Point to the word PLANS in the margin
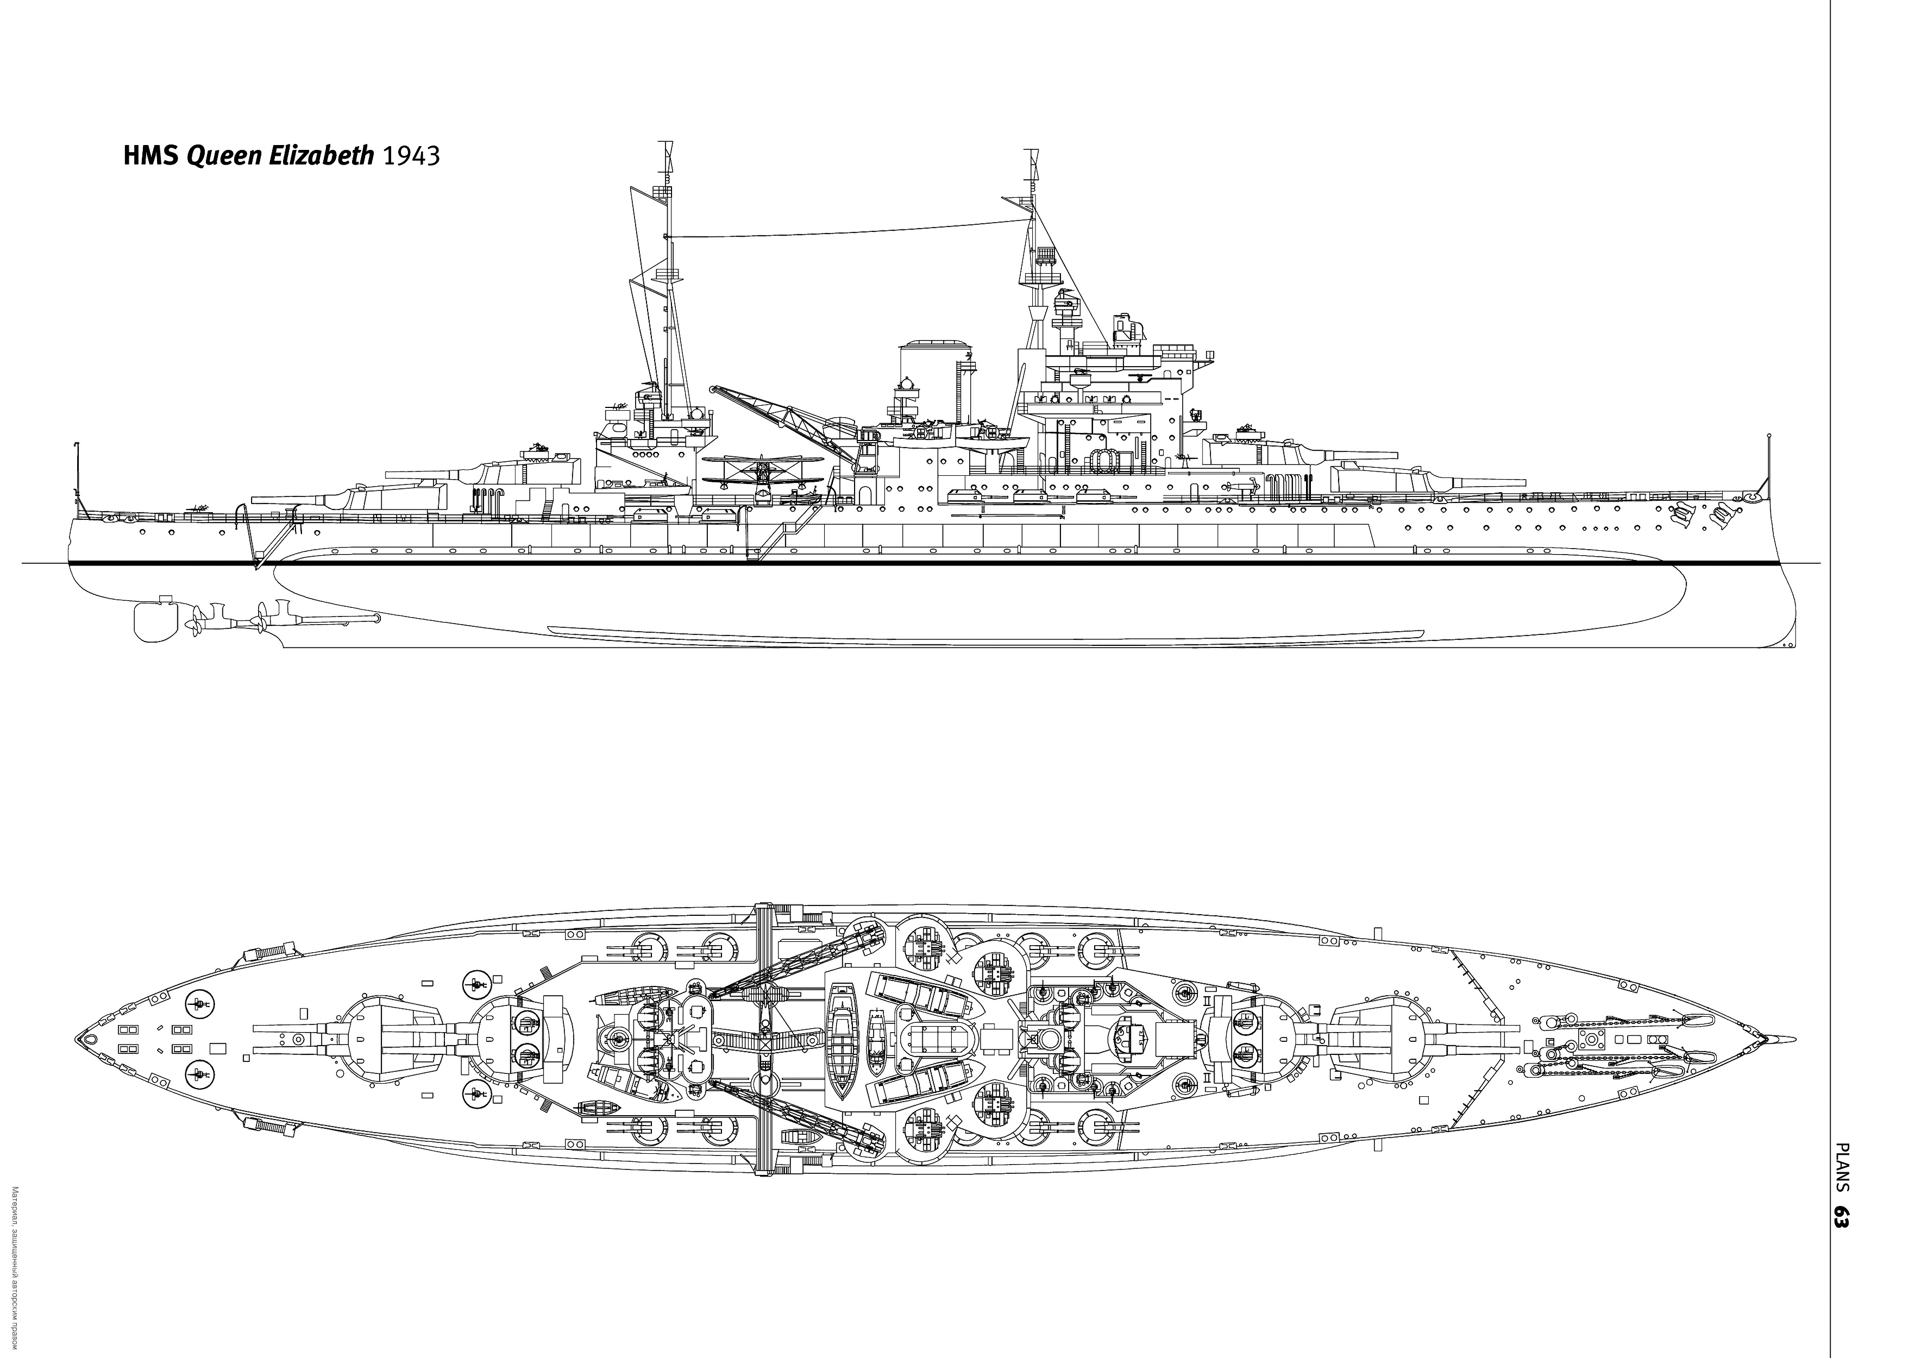(1841, 1167)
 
